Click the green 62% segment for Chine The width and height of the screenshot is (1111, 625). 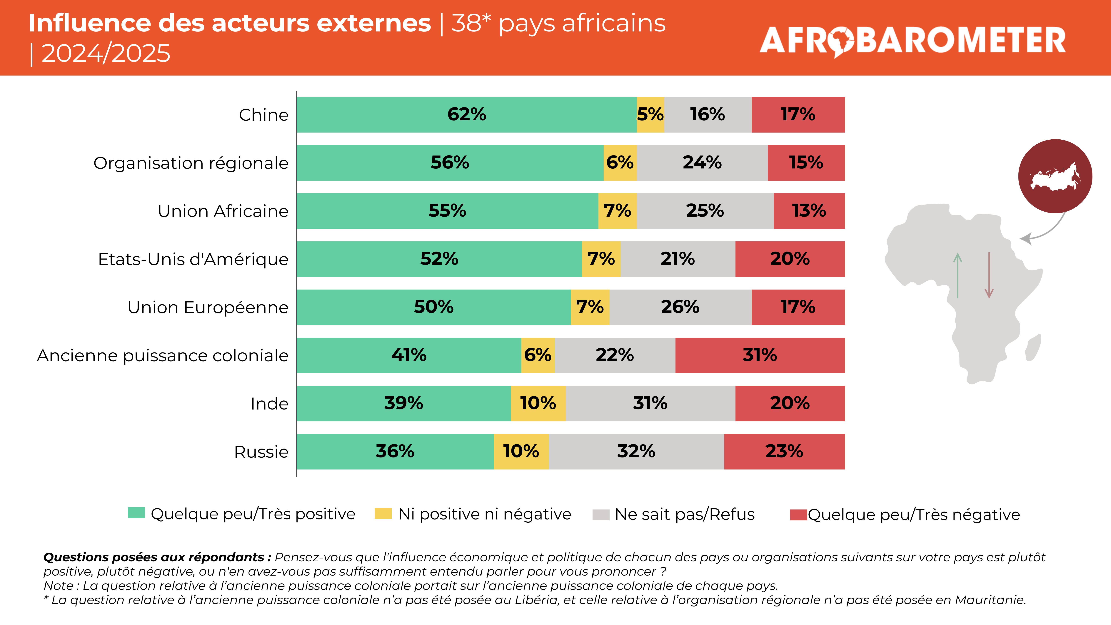(467, 115)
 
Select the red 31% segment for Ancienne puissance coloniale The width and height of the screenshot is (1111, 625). (760, 355)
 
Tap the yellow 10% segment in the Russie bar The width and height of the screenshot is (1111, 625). (521, 452)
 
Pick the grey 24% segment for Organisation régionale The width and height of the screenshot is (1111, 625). (702, 163)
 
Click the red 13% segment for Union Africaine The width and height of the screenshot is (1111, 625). (809, 211)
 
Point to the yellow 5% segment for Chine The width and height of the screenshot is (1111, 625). (650, 115)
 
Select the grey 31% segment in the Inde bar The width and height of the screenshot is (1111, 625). (650, 403)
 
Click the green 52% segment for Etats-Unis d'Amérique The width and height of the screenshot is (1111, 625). (439, 259)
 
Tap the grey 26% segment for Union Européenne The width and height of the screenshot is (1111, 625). (680, 307)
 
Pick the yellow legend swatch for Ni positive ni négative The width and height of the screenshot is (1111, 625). (383, 514)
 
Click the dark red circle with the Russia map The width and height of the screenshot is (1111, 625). (1055, 176)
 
